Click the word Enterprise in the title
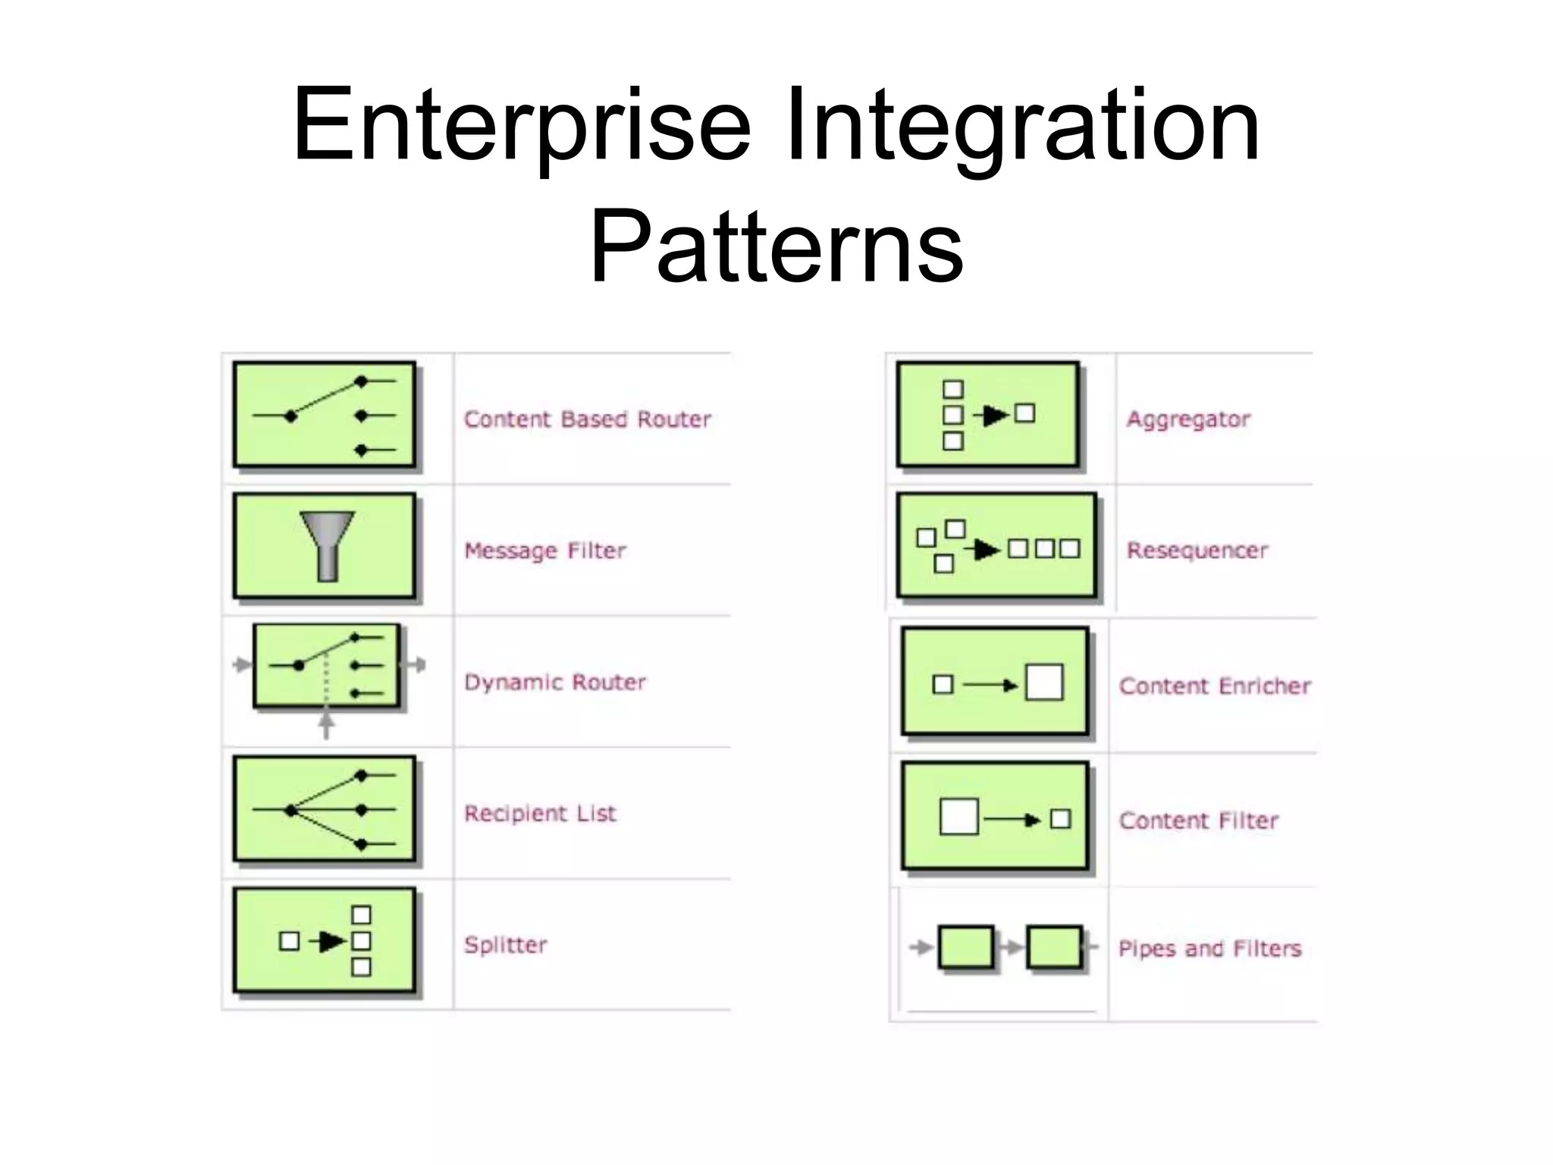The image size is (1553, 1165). click(x=522, y=125)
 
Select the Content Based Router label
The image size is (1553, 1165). click(x=588, y=419)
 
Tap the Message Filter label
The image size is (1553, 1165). click(x=545, y=551)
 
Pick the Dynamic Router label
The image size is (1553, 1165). click(x=555, y=683)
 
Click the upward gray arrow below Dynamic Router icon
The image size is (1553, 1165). click(x=326, y=724)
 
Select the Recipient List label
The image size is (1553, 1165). click(x=540, y=814)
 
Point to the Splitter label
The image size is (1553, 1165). click(x=506, y=945)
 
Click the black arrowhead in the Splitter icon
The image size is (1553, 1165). click(x=331, y=941)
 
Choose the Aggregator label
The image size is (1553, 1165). click(x=1188, y=419)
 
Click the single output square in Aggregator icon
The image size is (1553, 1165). click(x=1024, y=413)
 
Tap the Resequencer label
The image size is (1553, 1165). click(x=1197, y=551)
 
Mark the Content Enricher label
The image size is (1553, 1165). click(x=1215, y=686)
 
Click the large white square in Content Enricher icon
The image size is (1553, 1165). click(x=1044, y=682)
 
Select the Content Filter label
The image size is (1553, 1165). click(x=1199, y=821)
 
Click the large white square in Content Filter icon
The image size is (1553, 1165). click(x=958, y=817)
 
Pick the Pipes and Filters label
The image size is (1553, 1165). click(x=1209, y=949)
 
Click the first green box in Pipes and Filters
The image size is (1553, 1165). click(x=966, y=947)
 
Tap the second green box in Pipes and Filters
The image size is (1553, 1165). click(x=1054, y=947)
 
